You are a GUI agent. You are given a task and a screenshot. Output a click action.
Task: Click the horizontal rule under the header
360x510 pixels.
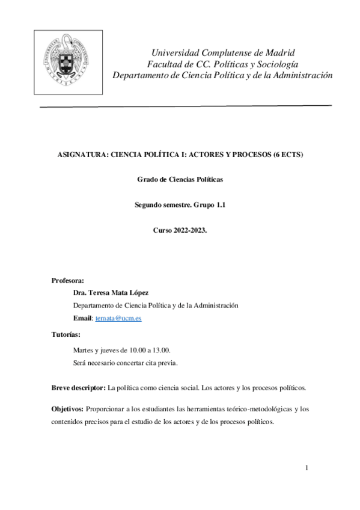pos(186,106)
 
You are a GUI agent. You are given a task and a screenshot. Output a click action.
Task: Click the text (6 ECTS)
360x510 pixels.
pos(288,155)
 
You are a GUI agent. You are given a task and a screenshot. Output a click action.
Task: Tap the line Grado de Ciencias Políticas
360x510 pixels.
pos(180,180)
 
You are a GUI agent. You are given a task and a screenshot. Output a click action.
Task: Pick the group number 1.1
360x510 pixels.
pos(217,205)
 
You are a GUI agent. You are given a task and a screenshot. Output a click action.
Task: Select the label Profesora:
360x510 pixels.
pos(68,280)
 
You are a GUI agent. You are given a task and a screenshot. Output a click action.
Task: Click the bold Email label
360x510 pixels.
pos(82,318)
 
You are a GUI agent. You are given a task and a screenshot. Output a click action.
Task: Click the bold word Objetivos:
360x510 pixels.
pos(67,410)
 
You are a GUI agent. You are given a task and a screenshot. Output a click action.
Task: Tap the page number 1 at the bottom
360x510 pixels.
pos(307,468)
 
